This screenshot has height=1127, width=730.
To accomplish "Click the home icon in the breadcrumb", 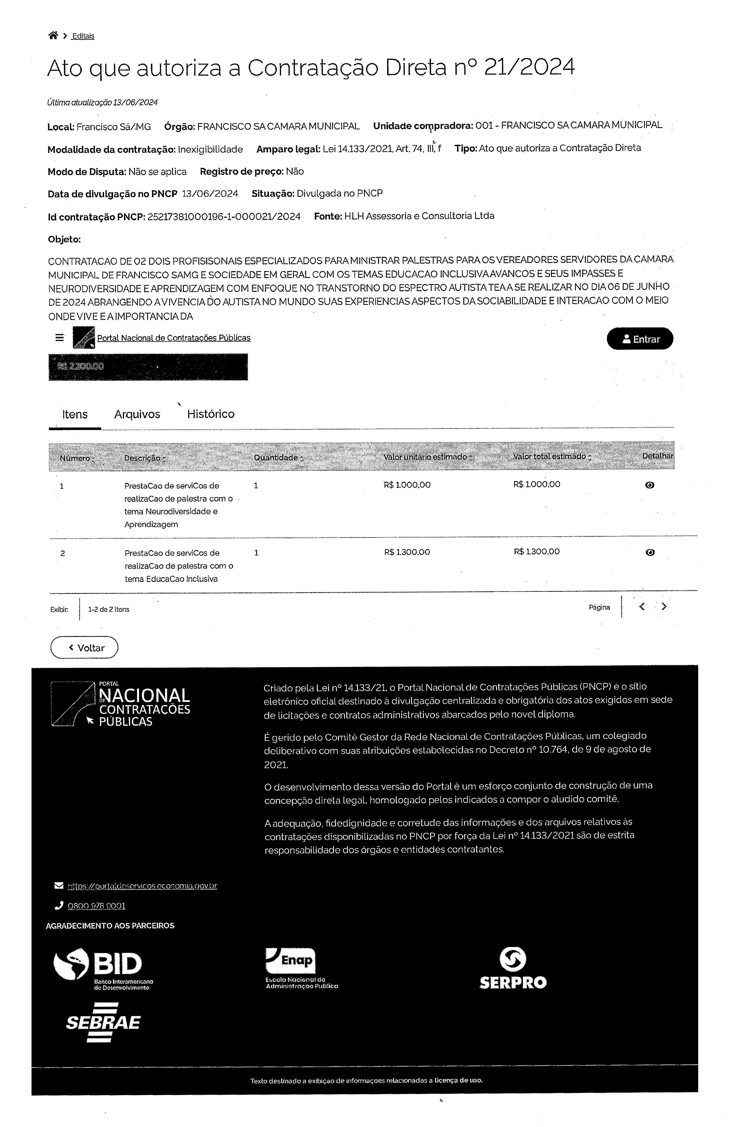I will [x=53, y=36].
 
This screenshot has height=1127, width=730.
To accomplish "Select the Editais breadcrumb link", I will [x=83, y=36].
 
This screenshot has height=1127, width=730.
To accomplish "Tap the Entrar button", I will [x=640, y=339].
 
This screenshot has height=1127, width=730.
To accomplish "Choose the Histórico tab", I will [x=210, y=414].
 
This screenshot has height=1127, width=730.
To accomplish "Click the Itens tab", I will [x=75, y=414].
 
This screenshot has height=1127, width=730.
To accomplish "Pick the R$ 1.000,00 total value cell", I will [x=536, y=484].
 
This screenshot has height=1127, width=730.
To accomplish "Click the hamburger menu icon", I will [x=60, y=338].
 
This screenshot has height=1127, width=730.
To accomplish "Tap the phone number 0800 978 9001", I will [x=97, y=906].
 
